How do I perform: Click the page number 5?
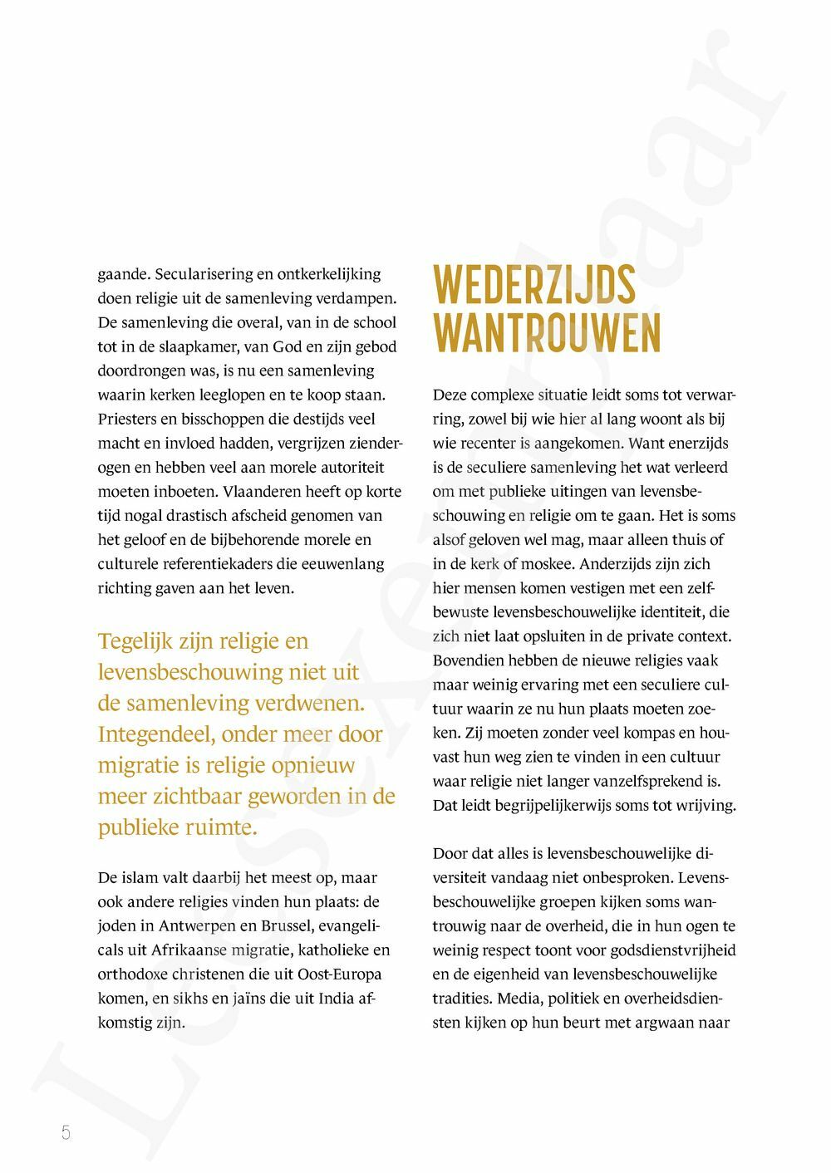click(66, 1131)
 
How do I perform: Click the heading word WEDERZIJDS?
click(534, 285)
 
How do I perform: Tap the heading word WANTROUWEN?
click(547, 333)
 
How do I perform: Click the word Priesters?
click(125, 419)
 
